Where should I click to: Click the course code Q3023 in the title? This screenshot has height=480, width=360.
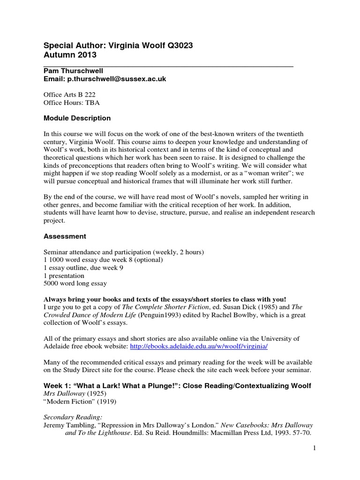[x=176, y=45]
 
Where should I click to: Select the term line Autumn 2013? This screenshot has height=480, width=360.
[x=70, y=55]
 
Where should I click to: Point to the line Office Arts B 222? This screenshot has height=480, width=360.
[x=69, y=94]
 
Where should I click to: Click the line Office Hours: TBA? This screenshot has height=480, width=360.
[x=71, y=102]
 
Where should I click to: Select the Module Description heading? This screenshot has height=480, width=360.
[x=77, y=118]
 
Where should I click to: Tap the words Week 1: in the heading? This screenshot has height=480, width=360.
[x=57, y=385]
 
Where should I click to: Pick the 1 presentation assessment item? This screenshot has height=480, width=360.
[x=64, y=276]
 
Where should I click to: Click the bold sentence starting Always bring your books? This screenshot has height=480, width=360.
[x=165, y=299]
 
